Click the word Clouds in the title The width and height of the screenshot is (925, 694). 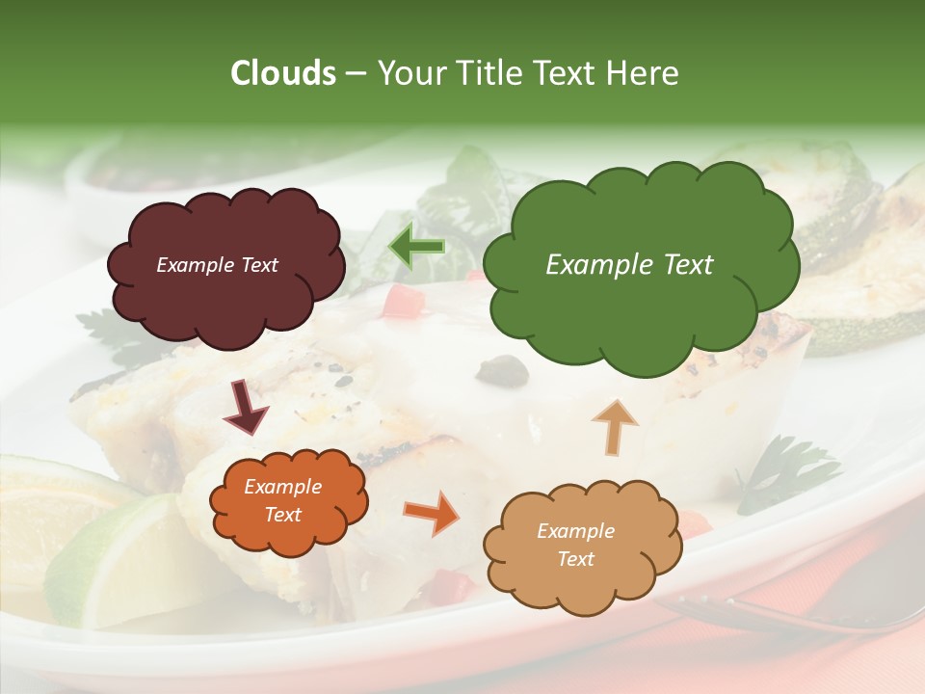click(283, 73)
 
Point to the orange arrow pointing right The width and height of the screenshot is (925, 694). click(431, 513)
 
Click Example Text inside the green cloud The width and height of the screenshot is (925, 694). click(629, 265)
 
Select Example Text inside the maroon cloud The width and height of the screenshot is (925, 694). click(217, 265)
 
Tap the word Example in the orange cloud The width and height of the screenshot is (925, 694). click(282, 487)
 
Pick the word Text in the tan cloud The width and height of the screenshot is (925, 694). click(576, 559)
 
